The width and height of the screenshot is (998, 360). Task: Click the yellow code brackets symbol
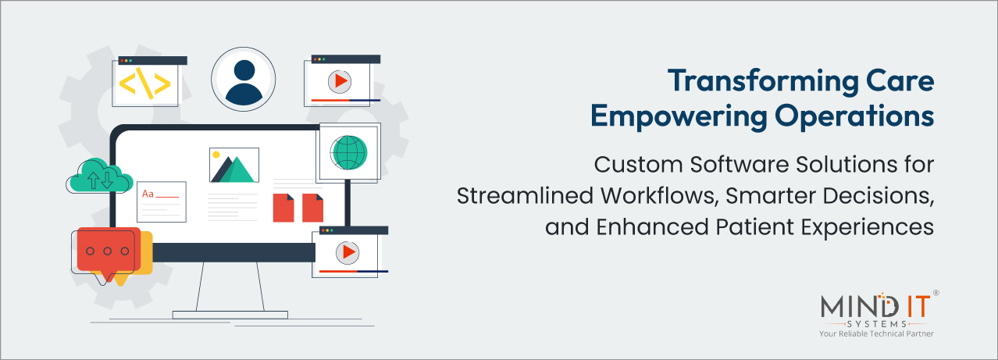click(145, 84)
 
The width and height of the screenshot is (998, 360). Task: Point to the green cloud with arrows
click(99, 177)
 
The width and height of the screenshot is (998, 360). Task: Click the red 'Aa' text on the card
click(147, 193)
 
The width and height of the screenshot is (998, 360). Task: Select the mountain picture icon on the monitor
click(234, 166)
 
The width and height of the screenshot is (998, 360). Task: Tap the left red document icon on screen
click(283, 208)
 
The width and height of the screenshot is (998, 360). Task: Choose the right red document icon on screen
click(312, 208)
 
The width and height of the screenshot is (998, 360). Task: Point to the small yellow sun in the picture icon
click(216, 155)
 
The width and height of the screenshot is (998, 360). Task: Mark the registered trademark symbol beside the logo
click(936, 294)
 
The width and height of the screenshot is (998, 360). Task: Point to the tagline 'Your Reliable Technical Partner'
click(876, 334)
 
